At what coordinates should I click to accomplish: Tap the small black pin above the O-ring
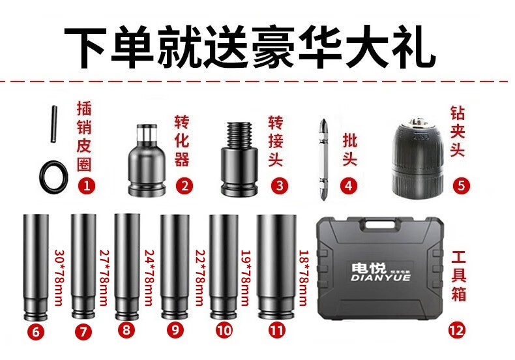pyautogui.click(x=54, y=124)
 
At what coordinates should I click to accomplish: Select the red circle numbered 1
pyautogui.click(x=87, y=186)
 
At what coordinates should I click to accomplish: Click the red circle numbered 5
pyautogui.click(x=461, y=186)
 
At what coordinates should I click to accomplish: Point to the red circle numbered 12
pyautogui.click(x=457, y=330)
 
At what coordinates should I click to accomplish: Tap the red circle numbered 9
pyautogui.click(x=175, y=329)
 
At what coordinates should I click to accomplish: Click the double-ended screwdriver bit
pyautogui.click(x=323, y=159)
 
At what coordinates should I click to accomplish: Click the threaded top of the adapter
pyautogui.click(x=238, y=134)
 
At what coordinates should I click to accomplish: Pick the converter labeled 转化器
pyautogui.click(x=147, y=160)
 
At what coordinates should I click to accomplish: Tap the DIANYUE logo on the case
pyautogui.click(x=381, y=273)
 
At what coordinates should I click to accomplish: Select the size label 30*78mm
pyautogui.click(x=59, y=278)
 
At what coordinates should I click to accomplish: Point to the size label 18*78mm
pyautogui.click(x=303, y=278)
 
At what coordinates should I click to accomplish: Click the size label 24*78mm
pyautogui.click(x=149, y=278)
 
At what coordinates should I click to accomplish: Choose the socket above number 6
pyautogui.click(x=36, y=267)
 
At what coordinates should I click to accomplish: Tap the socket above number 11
pyautogui.click(x=276, y=267)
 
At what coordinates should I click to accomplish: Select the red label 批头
pyautogui.click(x=349, y=149)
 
